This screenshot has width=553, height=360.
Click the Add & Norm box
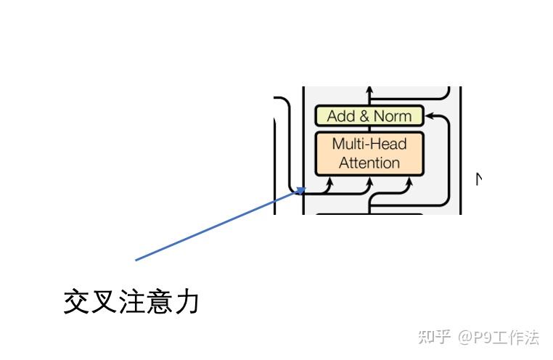click(x=369, y=115)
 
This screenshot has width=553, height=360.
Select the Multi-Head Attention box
click(x=369, y=153)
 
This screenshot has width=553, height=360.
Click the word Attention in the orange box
click(x=369, y=163)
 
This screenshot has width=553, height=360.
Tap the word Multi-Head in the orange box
click(x=369, y=144)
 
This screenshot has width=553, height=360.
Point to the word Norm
click(x=392, y=115)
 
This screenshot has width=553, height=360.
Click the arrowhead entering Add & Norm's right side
click(x=427, y=115)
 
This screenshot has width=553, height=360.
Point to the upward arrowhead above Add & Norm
click(x=369, y=92)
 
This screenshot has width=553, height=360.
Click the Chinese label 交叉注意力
click(x=131, y=301)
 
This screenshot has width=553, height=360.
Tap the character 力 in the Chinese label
click(x=187, y=301)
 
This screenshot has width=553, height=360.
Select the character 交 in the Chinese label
click(x=76, y=301)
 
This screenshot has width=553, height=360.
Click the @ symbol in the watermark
click(x=464, y=337)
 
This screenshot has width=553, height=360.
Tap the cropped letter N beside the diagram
click(x=479, y=178)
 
